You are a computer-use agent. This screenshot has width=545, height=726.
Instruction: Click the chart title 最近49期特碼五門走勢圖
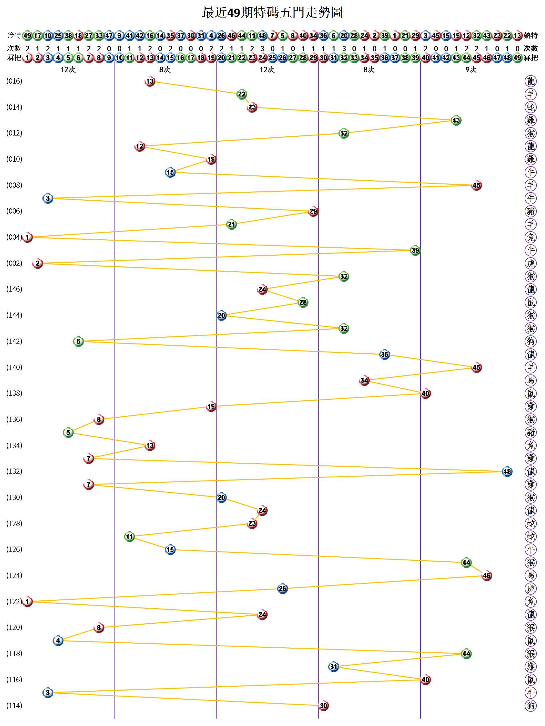[272, 13]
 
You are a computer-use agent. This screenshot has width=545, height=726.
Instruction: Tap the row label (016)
[14, 81]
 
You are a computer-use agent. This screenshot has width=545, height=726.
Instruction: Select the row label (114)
[14, 705]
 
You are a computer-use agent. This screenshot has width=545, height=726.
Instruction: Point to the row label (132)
[14, 471]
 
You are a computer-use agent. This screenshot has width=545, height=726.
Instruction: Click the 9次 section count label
[471, 69]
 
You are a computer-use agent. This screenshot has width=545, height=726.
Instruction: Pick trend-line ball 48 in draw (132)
[507, 472]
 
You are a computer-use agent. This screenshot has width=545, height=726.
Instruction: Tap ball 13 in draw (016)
[150, 81]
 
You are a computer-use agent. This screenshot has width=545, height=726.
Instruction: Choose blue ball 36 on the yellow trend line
[384, 355]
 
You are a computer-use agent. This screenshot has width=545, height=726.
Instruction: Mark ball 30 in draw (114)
[323, 706]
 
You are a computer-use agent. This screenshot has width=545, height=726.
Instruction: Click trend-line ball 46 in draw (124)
[487, 575]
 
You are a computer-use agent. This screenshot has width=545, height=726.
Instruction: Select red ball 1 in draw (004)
[28, 237]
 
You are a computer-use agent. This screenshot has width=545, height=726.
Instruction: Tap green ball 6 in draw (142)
[78, 341]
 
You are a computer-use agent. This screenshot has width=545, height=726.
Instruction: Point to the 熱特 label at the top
[531, 35]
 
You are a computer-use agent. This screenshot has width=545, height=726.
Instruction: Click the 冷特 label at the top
[14, 35]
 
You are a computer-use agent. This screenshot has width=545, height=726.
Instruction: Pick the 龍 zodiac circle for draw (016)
[531, 81]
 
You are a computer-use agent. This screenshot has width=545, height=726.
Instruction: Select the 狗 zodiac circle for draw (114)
[531, 705]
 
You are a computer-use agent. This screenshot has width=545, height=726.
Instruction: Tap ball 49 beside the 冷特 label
[28, 35]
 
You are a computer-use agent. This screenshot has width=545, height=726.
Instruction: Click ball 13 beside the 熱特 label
[517, 35]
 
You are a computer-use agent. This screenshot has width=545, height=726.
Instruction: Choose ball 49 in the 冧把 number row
[517, 58]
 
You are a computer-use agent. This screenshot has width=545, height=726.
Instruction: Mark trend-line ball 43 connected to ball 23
[456, 120]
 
